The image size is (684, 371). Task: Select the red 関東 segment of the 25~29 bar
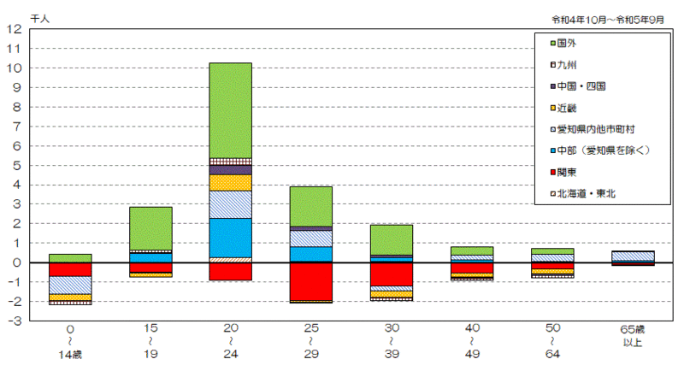coord(310,281)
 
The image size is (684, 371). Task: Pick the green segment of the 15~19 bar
coord(150,228)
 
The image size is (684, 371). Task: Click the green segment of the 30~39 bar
coord(391,239)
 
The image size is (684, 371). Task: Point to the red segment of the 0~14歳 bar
coord(70,269)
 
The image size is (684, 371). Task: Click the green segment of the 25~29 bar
coord(310,206)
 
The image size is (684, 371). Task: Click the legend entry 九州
coord(568,64)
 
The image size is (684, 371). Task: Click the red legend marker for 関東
coord(552,173)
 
